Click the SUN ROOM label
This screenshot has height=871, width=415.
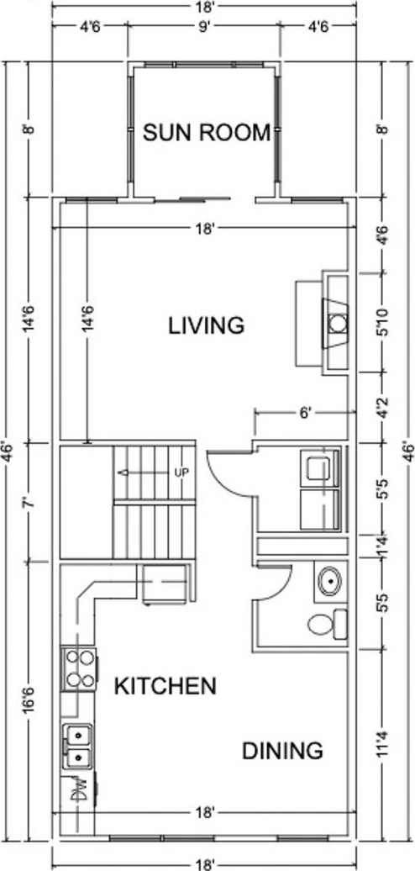point(207,133)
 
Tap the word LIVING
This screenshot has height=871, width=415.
point(207,325)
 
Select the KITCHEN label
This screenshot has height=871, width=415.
point(165,687)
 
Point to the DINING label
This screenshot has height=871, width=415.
point(282,751)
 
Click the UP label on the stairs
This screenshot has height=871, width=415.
point(181,472)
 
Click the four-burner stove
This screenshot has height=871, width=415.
point(80,669)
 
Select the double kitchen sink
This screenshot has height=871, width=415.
point(77,746)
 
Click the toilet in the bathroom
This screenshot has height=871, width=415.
point(328,623)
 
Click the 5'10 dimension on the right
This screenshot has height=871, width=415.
point(381,323)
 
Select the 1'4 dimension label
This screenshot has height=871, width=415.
point(381,546)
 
